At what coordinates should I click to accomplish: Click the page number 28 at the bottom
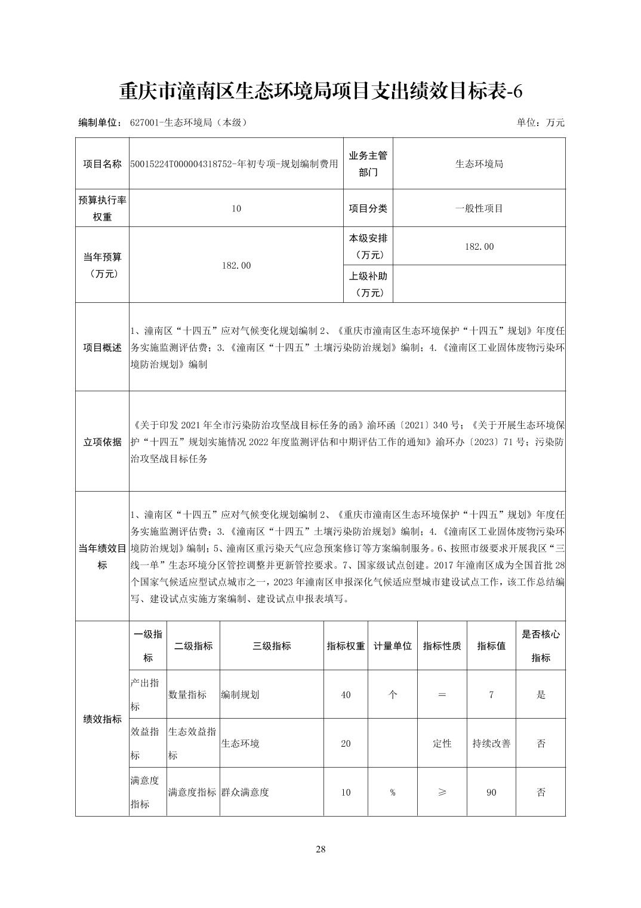click(x=320, y=849)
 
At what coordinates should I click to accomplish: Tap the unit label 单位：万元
click(x=540, y=122)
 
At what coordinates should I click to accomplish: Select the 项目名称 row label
click(x=102, y=164)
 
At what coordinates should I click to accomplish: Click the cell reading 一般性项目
click(x=479, y=208)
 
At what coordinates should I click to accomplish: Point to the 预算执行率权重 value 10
click(x=236, y=208)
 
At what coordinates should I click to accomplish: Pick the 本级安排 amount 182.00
click(x=479, y=246)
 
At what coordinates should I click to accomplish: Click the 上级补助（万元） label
click(x=368, y=284)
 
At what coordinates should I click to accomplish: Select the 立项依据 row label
click(x=102, y=442)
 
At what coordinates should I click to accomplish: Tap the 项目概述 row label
click(x=102, y=348)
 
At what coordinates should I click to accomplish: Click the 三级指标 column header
click(x=272, y=646)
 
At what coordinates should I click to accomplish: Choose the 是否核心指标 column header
click(x=541, y=646)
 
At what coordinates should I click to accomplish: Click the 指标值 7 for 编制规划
click(x=491, y=695)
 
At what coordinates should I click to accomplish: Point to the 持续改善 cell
click(x=491, y=744)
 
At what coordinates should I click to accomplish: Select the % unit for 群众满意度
click(x=393, y=793)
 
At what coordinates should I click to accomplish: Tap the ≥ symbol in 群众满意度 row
click(x=442, y=793)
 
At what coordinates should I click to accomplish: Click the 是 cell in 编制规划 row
click(x=541, y=695)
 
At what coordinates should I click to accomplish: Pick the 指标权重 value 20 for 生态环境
click(x=346, y=744)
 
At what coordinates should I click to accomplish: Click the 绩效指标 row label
click(x=102, y=719)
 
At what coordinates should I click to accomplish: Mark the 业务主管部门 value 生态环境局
click(x=479, y=164)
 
